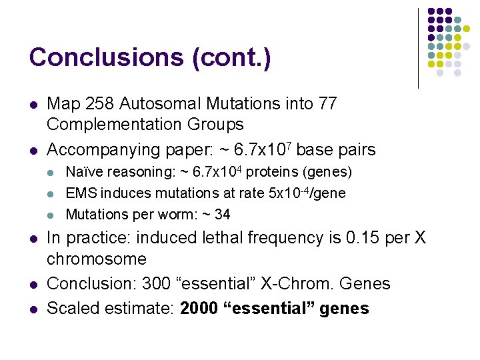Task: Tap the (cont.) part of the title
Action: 231,57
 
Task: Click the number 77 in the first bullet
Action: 327,104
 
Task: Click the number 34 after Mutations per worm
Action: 223,215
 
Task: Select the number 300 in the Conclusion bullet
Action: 157,283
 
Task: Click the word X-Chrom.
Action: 295,283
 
